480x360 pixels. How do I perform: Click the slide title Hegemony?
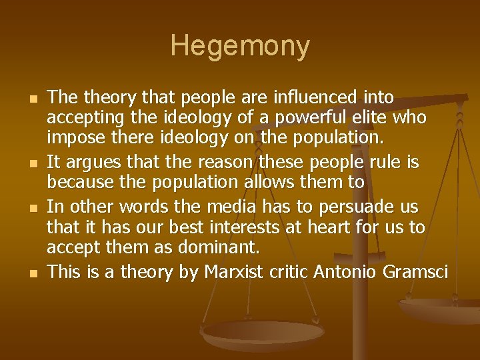pyautogui.click(x=240, y=46)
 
